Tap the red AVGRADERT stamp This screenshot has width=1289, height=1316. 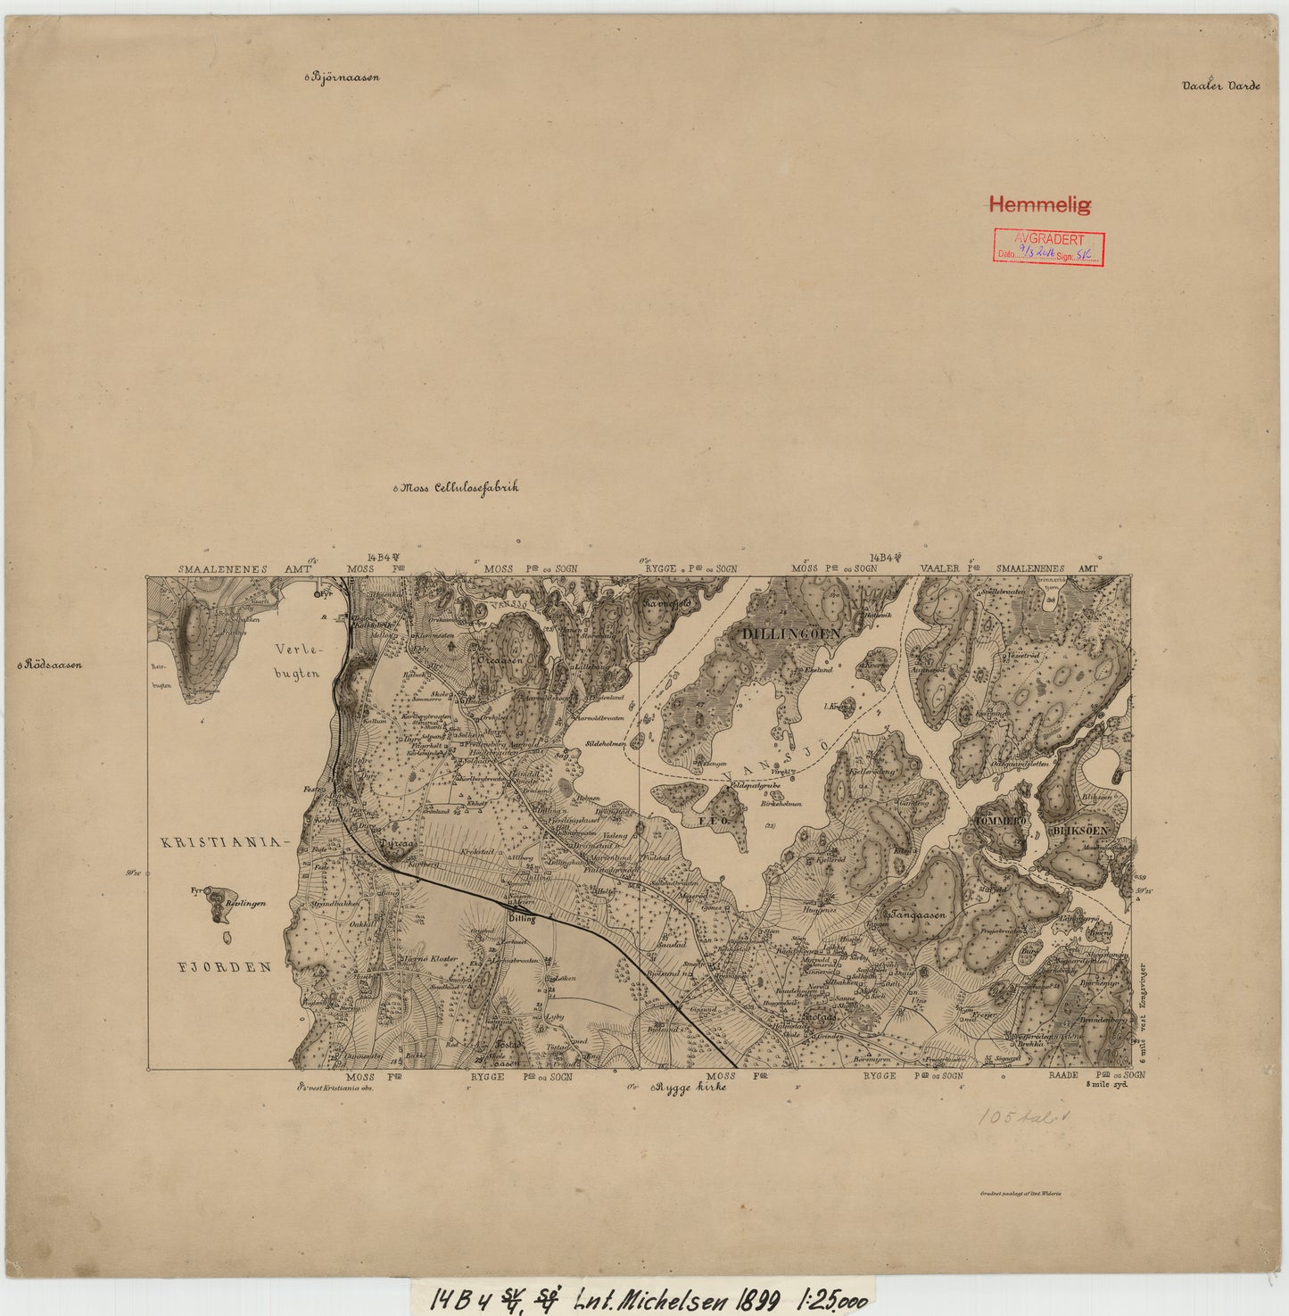pos(1050,247)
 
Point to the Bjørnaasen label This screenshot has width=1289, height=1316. pos(344,77)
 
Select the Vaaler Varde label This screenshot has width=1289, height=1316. pos(1220,87)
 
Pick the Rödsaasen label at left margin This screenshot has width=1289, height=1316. pos(53,665)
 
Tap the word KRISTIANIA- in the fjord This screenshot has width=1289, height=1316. pos(227,842)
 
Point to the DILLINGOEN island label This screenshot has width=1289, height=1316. pos(791,633)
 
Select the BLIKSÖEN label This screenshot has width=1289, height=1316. pos(1080,830)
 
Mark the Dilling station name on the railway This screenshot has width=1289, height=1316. pos(521,918)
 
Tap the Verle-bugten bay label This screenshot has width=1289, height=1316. pos(297,660)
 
